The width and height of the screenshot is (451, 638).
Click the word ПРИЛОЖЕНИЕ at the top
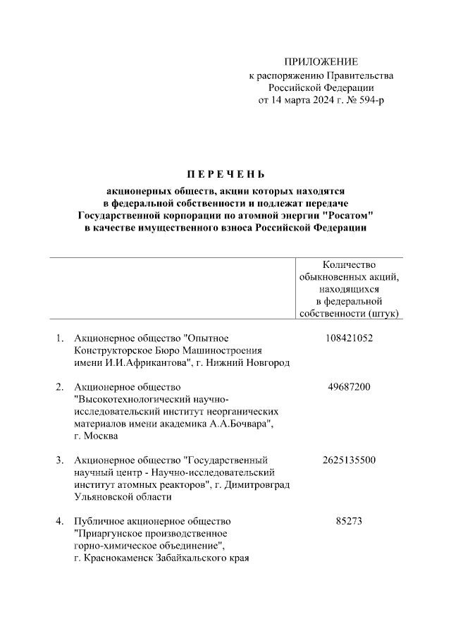(x=321, y=62)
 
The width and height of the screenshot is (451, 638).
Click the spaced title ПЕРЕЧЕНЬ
(x=226, y=173)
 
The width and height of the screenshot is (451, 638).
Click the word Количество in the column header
(x=349, y=264)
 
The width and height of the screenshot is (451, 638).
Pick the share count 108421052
(x=349, y=338)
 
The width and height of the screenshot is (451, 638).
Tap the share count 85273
(x=349, y=522)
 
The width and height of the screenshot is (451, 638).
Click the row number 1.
(x=60, y=338)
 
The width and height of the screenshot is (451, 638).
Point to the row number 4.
(x=60, y=522)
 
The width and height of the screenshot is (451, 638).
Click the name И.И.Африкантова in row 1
(x=145, y=362)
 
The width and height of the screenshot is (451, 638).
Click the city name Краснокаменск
(x=123, y=558)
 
